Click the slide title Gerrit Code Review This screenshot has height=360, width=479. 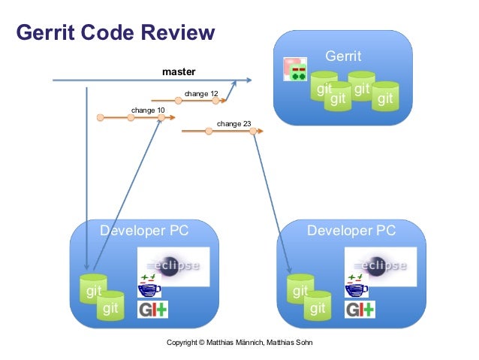coord(116,33)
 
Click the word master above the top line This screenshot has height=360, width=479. coord(179,72)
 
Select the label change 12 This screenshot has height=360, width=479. coord(200,94)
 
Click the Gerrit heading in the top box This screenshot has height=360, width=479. coord(342,56)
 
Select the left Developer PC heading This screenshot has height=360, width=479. coord(144,231)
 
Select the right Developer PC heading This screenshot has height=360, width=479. coord(351,231)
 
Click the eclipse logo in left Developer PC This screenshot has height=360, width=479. coord(173,265)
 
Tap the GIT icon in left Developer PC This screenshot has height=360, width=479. coord(152,309)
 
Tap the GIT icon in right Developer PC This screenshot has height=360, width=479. coord(360,309)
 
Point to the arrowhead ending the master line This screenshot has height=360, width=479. coord(249,80)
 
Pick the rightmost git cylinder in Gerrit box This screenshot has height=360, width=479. coord(385,96)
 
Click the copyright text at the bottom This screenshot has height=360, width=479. coord(240,343)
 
